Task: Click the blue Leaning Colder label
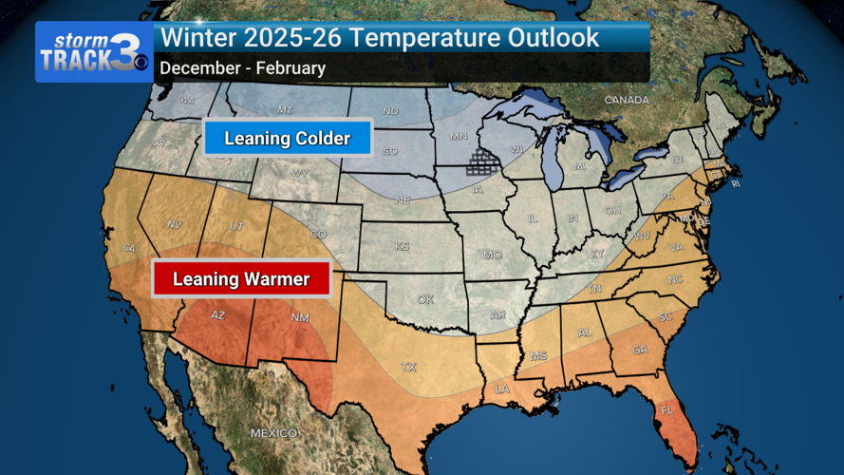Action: pos(287,139)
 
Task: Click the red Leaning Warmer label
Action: pos(241,279)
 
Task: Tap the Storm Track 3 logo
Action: pos(94,52)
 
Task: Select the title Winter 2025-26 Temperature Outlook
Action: pos(380,38)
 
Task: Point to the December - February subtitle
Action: pos(242,68)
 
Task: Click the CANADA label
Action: pos(627,100)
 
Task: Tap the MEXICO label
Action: pos(274,433)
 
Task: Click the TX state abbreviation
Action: pos(409,367)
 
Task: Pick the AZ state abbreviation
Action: pos(217,315)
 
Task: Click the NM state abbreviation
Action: pos(299,317)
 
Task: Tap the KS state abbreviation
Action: pos(403,246)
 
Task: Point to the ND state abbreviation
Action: pos(390,112)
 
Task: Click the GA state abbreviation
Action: pos(640,350)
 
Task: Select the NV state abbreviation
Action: pos(175,224)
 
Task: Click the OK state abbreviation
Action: pos(424,299)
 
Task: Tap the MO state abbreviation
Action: pos(492,255)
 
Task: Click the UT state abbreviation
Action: pos(237,226)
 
